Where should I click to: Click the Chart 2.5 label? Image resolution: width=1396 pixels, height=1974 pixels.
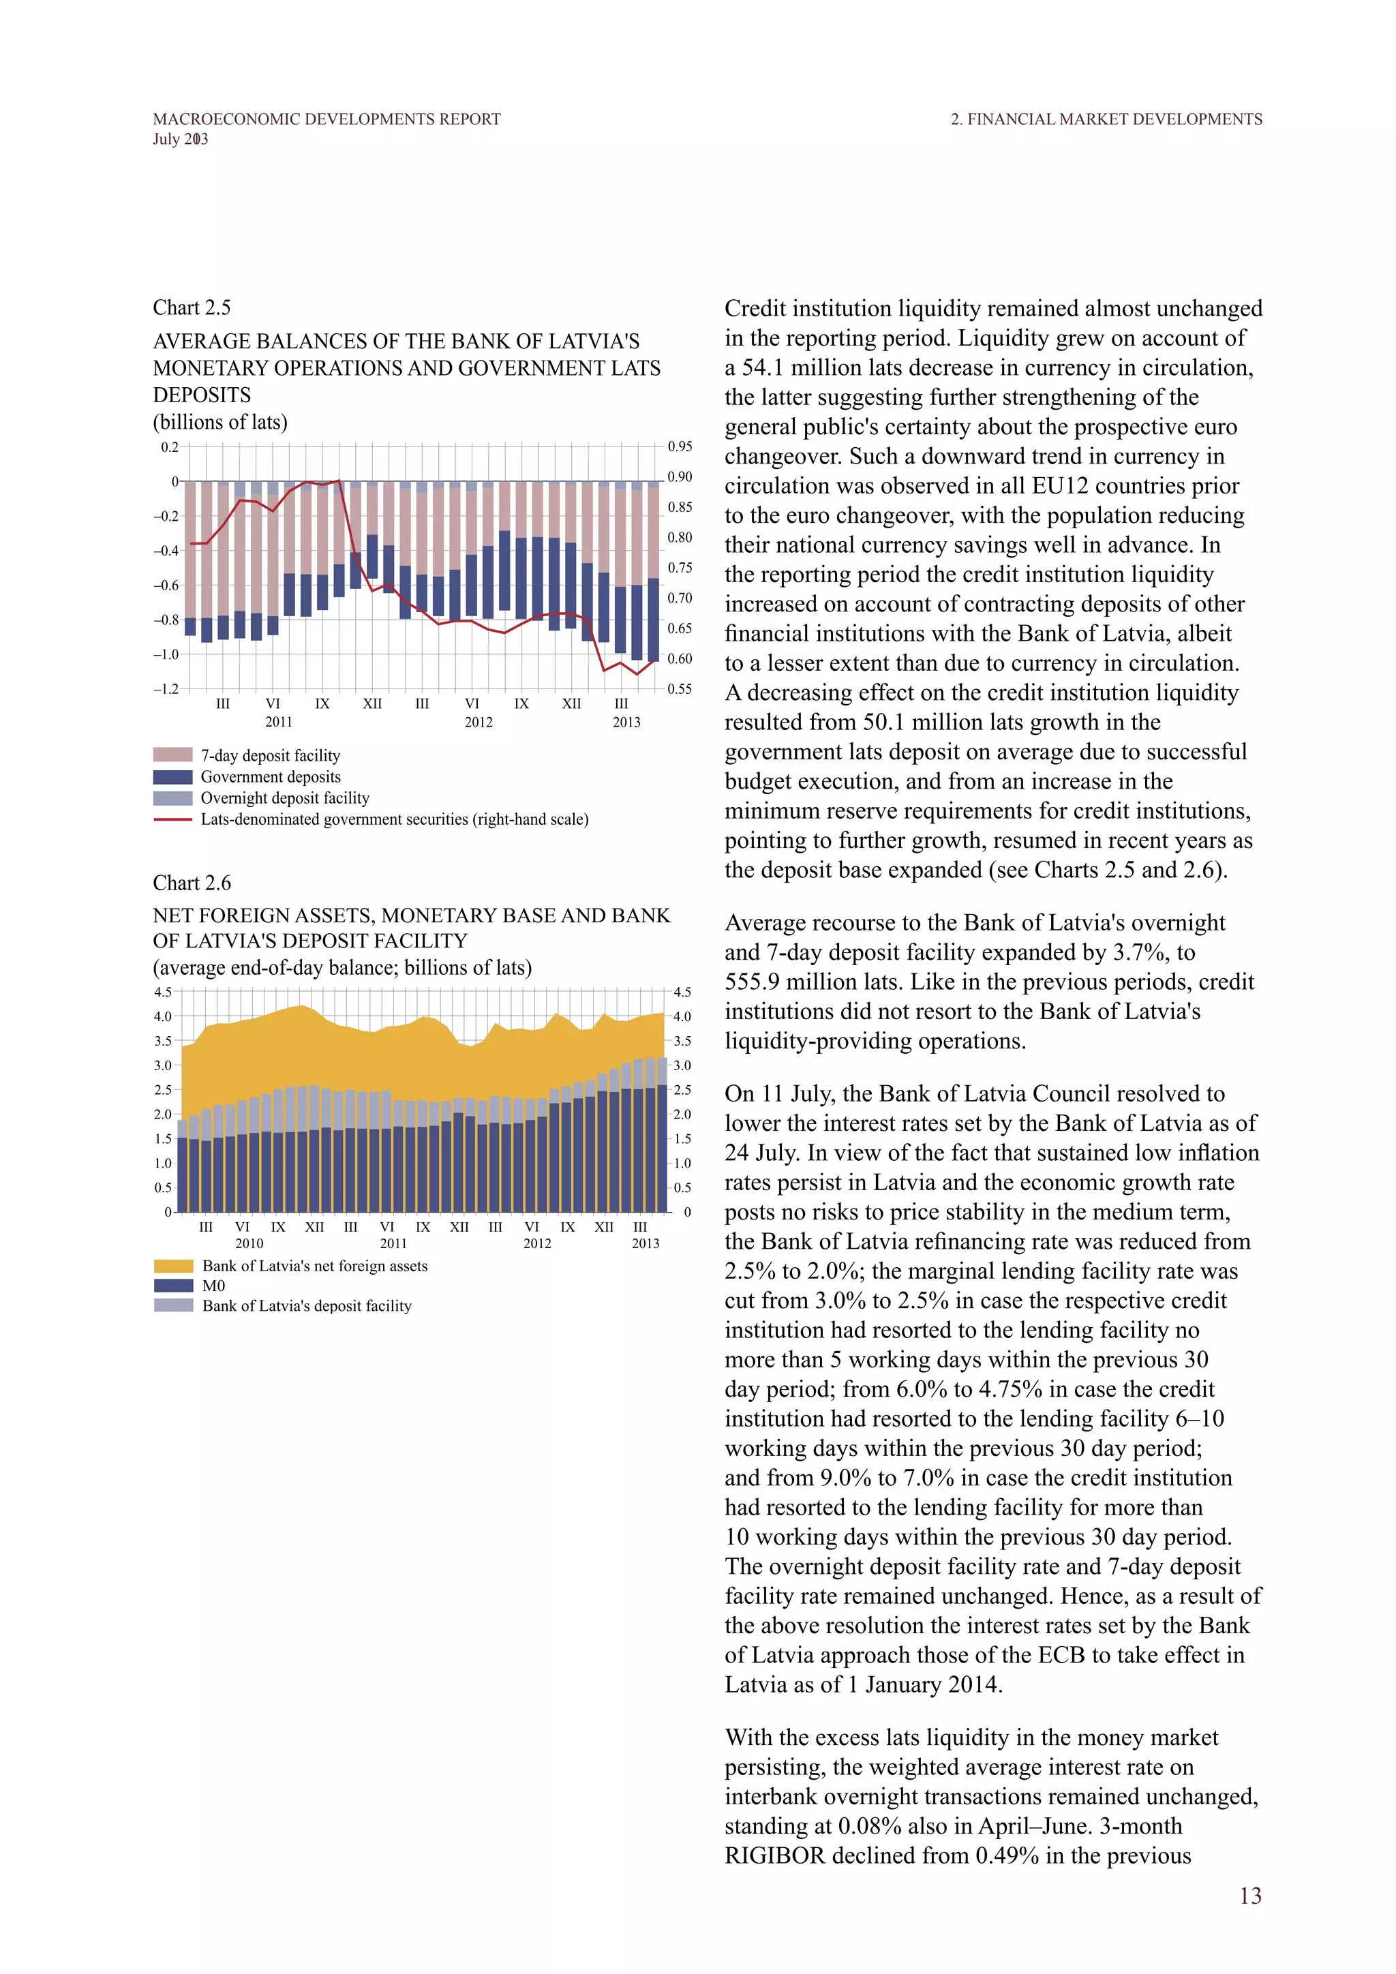click(192, 308)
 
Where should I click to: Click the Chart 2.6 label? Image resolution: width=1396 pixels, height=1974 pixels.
click(192, 883)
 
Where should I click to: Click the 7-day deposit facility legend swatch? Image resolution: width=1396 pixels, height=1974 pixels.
click(172, 755)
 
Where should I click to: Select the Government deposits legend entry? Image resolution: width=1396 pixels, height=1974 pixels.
click(270, 776)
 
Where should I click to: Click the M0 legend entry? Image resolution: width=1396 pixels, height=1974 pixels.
click(213, 1286)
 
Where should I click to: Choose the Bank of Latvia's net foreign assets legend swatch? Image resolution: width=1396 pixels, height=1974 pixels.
click(172, 1266)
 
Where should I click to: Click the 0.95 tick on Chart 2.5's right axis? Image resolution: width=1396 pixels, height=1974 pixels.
click(680, 446)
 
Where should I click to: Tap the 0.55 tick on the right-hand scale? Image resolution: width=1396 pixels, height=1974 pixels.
click(680, 688)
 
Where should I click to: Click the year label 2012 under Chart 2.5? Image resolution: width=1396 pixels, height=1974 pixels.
click(479, 723)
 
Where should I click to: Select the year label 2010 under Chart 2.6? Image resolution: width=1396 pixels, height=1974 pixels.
click(249, 1243)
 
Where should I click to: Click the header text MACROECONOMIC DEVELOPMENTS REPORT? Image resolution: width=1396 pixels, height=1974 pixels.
click(327, 119)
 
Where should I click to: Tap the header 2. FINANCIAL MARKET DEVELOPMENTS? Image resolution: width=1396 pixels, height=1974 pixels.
click(1106, 119)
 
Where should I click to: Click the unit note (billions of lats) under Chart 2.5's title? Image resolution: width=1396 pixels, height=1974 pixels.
click(220, 422)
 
